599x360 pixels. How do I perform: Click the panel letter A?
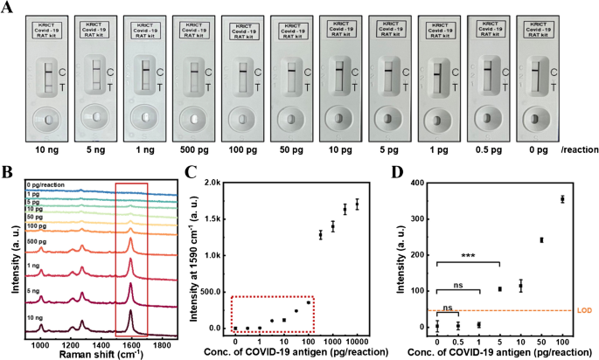7,7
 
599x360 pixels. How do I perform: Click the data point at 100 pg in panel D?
562,199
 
